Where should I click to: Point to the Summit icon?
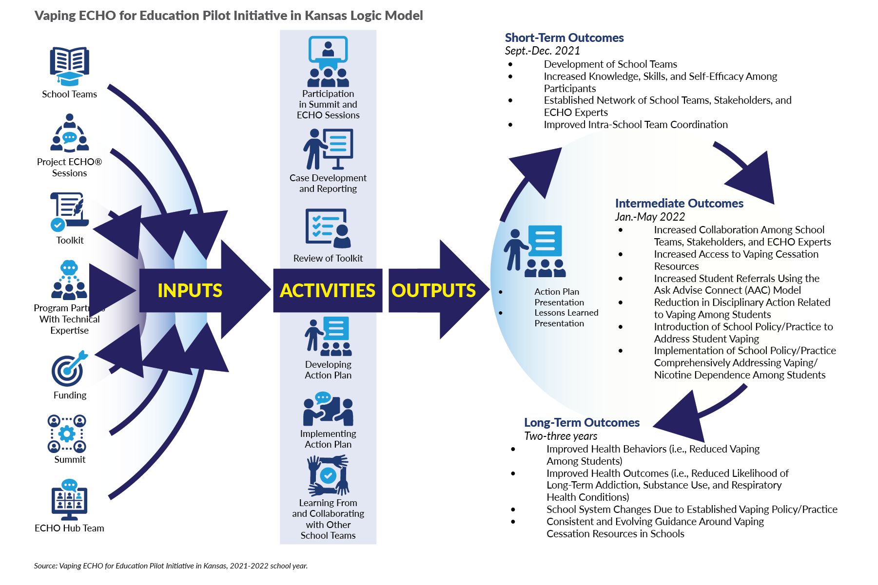(67, 434)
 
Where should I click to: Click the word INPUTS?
(190, 290)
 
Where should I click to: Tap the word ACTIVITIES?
(328, 290)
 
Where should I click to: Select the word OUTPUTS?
(433, 290)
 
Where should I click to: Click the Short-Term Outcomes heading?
(564, 38)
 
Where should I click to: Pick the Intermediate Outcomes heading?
(679, 203)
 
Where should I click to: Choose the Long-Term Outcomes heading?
(582, 422)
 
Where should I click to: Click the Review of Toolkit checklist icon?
(328, 228)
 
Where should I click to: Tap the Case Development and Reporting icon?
(328, 149)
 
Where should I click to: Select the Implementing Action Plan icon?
(328, 409)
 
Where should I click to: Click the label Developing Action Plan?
(328, 370)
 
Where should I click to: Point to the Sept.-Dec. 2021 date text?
(542, 51)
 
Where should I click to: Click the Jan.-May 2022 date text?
(650, 217)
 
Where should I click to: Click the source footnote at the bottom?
(171, 566)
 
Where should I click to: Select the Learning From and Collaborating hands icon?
(328, 475)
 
